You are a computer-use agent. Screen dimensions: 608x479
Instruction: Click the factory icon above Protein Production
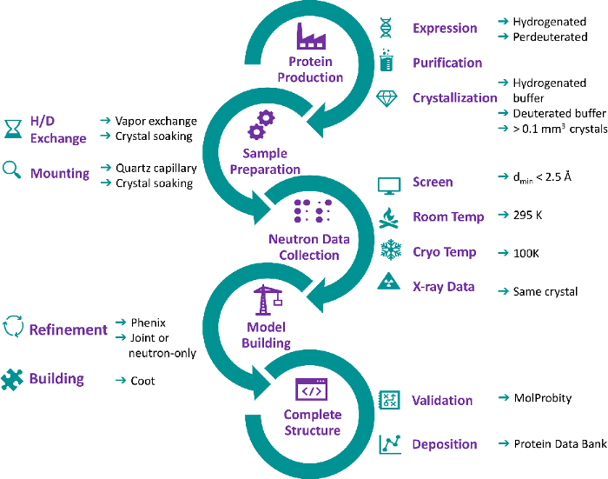point(311,37)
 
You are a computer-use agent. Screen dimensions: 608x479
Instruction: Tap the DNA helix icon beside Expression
point(386,28)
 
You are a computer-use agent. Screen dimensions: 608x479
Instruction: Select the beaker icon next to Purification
point(387,60)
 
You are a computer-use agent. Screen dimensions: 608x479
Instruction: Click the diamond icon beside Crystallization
point(387,98)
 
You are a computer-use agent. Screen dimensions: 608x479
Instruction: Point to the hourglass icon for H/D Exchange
point(13,129)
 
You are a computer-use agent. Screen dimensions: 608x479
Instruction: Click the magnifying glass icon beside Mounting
point(11,170)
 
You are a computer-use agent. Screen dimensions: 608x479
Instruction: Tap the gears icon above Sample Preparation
point(261,124)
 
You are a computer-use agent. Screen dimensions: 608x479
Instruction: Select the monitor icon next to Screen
point(389,186)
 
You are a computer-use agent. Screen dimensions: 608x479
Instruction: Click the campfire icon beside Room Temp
point(388,217)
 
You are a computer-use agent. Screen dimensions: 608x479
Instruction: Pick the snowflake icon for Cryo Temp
point(391,249)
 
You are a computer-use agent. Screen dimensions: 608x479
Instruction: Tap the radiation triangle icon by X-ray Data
point(388,281)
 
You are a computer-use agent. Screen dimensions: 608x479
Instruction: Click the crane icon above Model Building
point(268,300)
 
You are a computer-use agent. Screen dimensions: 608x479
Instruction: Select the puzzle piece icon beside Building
point(12,379)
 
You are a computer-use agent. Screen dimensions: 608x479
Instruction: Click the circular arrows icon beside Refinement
point(13,327)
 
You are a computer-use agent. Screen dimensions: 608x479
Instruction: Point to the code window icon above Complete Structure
point(311,389)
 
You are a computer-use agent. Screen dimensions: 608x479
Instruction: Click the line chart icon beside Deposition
point(390,444)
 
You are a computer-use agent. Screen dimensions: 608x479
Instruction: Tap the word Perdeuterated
point(550,37)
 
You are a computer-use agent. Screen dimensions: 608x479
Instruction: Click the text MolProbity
point(543,398)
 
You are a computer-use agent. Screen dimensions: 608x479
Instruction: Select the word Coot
point(142,381)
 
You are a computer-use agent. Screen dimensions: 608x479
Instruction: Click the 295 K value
point(528,215)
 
